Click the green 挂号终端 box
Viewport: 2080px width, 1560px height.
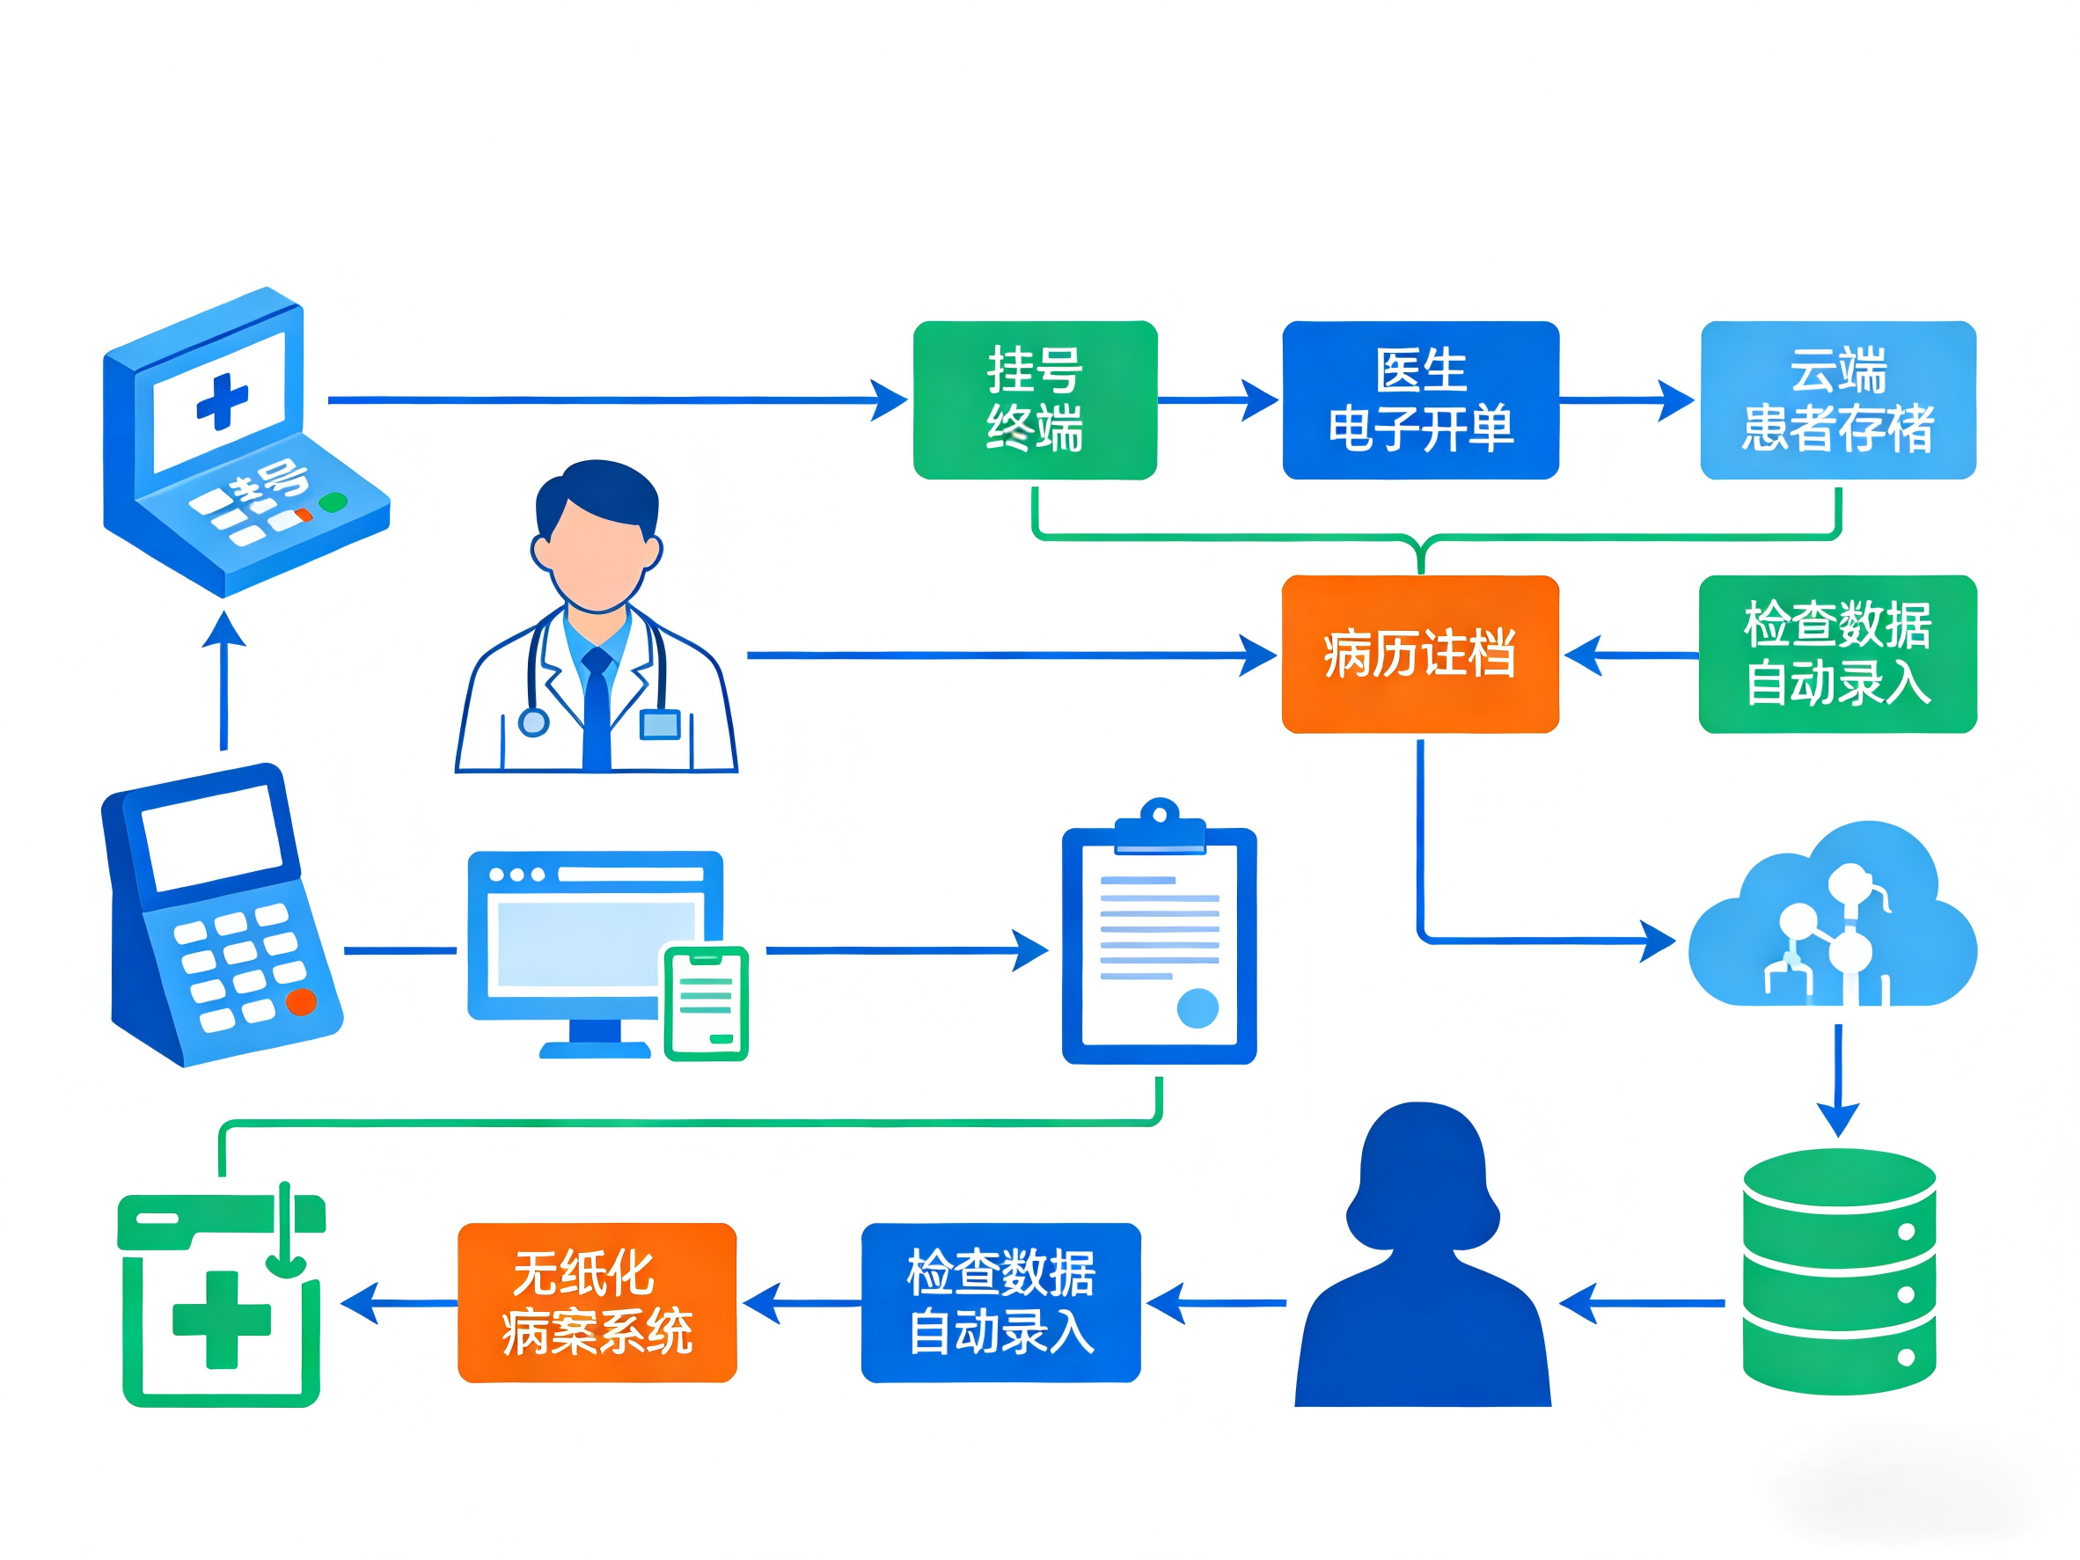pyautogui.click(x=1035, y=399)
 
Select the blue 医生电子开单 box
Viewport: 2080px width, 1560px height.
pyautogui.click(x=1420, y=399)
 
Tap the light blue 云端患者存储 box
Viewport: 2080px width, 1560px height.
pyautogui.click(x=1837, y=399)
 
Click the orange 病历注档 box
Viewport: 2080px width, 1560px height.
pyautogui.click(x=1420, y=654)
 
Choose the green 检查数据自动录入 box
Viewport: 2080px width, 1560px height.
pyautogui.click(x=1837, y=654)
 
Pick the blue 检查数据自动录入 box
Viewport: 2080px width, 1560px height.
pyautogui.click(x=1000, y=1302)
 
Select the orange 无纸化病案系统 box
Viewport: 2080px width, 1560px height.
pyautogui.click(x=597, y=1302)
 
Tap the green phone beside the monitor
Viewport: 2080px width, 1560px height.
pyautogui.click(x=707, y=1002)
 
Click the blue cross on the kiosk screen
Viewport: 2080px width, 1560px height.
pyautogui.click(x=222, y=401)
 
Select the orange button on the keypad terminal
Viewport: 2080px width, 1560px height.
pyautogui.click(x=301, y=1002)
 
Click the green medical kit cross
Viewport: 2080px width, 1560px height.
pyautogui.click(x=222, y=1319)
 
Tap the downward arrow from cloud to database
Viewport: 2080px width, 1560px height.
pyautogui.click(x=1837, y=1081)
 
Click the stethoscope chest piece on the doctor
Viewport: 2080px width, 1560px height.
pyautogui.click(x=533, y=722)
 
